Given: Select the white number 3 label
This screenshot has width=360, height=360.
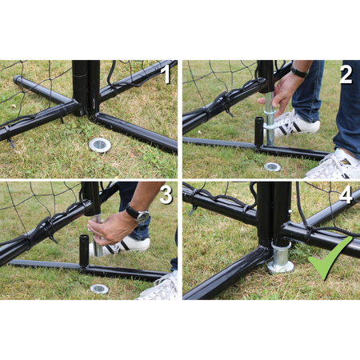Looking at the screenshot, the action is pyautogui.click(x=166, y=194).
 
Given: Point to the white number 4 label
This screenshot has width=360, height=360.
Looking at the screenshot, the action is pyautogui.click(x=346, y=194).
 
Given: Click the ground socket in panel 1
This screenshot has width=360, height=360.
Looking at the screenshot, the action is pyautogui.click(x=100, y=145).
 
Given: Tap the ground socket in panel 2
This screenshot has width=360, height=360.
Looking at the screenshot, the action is pyautogui.click(x=272, y=167).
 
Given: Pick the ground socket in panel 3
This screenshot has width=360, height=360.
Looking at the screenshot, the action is pyautogui.click(x=99, y=289).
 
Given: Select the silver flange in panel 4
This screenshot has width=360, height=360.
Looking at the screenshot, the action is pyautogui.click(x=280, y=258).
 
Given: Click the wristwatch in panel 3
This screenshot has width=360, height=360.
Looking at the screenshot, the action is pyautogui.click(x=139, y=214).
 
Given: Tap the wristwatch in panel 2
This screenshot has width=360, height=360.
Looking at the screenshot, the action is pyautogui.click(x=299, y=71).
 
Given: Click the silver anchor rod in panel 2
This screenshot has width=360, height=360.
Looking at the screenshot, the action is pyautogui.click(x=270, y=118).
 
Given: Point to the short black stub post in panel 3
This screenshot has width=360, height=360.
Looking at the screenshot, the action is pyautogui.click(x=84, y=250).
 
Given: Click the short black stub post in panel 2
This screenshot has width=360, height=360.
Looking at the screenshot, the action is pyautogui.click(x=258, y=132).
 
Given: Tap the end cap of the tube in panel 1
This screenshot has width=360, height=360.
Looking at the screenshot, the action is pyautogui.click(x=17, y=79).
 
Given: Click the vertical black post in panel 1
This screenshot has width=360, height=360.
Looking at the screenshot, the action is pyautogui.click(x=86, y=88).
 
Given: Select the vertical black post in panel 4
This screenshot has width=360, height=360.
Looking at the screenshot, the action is pyautogui.click(x=274, y=214).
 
